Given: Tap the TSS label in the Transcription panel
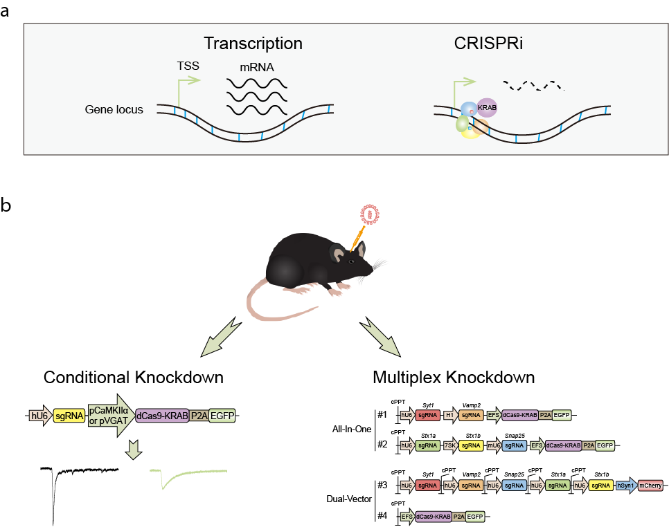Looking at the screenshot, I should pyautogui.click(x=188, y=67).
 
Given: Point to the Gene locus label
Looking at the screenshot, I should pyautogui.click(x=114, y=109).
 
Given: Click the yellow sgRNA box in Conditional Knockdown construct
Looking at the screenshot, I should pyautogui.click(x=69, y=416).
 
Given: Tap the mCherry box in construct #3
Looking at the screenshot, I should pyautogui.click(x=649, y=486).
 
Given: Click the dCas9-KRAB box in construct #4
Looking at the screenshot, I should pyautogui.click(x=433, y=516).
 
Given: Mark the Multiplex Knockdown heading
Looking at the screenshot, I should pyautogui.click(x=453, y=378).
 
